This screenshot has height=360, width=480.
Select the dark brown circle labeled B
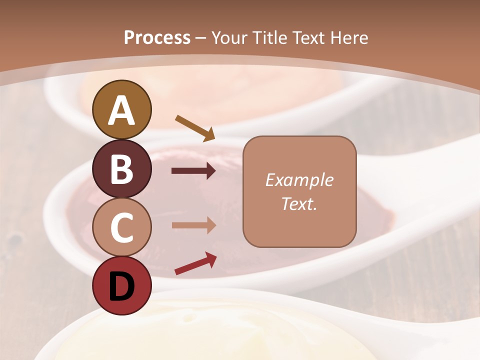[122, 169]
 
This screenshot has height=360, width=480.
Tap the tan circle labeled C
[122, 227]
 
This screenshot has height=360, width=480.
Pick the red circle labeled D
[122, 285]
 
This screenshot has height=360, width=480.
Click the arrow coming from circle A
[195, 127]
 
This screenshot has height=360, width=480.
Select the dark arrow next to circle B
[193, 171]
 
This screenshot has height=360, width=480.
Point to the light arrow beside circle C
[193, 225]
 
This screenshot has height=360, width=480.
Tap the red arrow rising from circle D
[195, 263]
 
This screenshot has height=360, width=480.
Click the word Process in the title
[157, 37]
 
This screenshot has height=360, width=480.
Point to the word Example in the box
[299, 180]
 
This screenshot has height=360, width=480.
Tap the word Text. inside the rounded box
[299, 204]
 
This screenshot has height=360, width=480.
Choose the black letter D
[122, 286]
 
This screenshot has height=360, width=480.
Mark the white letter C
[122, 228]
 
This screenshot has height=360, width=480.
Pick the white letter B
[122, 169]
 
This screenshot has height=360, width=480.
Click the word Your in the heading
[230, 37]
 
